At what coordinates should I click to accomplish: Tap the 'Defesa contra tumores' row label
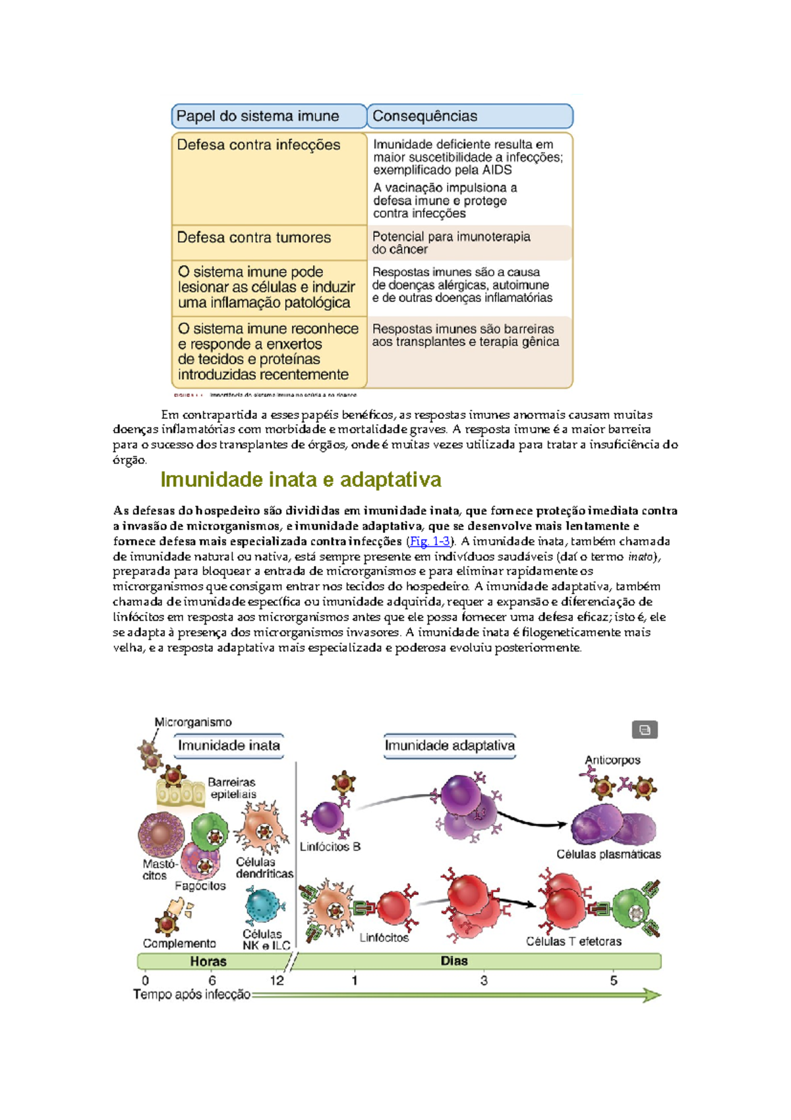tap(254, 237)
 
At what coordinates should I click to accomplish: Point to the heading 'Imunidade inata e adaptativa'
tap(301, 480)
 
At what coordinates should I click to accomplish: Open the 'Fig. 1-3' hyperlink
tap(430, 542)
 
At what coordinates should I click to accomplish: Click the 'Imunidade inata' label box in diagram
tap(229, 745)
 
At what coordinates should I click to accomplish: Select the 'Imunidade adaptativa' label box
tap(450, 745)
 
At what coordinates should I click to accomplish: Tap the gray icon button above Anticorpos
tap(645, 730)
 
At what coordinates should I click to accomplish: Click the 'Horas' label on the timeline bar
tap(208, 961)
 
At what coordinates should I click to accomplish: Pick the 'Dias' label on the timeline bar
tap(454, 961)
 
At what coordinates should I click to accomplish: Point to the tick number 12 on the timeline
tap(277, 980)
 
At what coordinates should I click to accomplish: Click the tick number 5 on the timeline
tap(614, 980)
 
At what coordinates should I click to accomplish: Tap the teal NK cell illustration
tap(265, 906)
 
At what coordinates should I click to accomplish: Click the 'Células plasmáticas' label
tap(608, 854)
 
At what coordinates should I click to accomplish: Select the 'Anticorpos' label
tap(612, 760)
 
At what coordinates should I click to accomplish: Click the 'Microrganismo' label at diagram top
tap(193, 722)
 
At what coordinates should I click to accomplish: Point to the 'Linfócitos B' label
tap(330, 846)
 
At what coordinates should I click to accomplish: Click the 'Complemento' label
tap(179, 943)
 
